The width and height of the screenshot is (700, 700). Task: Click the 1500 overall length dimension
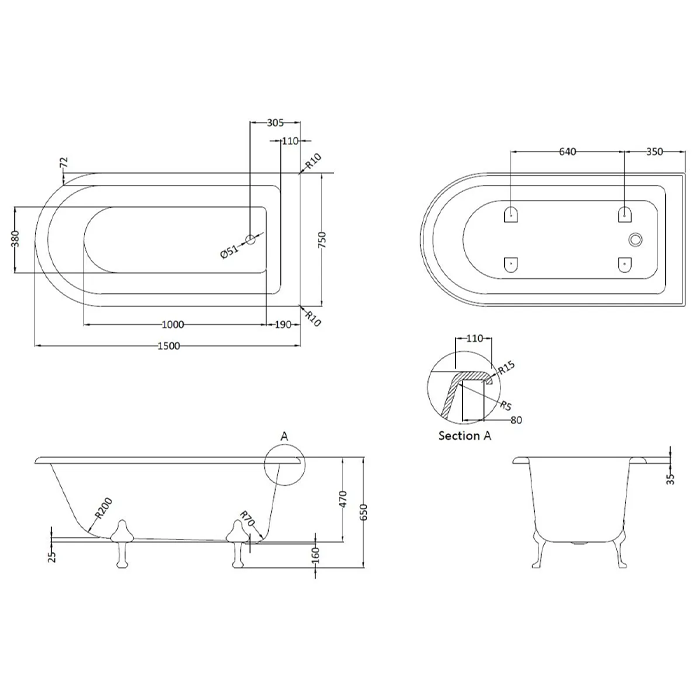click(169, 346)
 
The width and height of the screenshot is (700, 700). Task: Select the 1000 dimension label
click(173, 325)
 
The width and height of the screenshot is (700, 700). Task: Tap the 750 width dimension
click(323, 240)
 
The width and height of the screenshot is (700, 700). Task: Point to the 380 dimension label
click(15, 239)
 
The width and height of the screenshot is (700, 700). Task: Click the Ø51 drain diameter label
click(230, 251)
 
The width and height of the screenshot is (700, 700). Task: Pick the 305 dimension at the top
click(275, 122)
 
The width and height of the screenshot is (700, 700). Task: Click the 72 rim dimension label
click(64, 162)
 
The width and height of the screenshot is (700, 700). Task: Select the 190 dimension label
click(283, 325)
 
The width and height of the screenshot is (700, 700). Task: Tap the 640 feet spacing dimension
click(567, 152)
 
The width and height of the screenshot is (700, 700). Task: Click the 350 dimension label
click(654, 152)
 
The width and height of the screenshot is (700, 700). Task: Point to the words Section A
click(465, 436)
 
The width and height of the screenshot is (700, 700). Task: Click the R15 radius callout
click(506, 367)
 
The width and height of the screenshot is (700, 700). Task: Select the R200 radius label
click(104, 508)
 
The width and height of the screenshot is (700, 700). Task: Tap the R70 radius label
click(247, 519)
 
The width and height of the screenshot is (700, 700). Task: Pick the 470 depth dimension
click(343, 499)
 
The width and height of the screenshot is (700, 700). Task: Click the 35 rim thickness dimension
click(670, 479)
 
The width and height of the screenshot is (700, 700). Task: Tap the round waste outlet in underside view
click(635, 239)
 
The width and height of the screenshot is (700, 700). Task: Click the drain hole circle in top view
click(250, 239)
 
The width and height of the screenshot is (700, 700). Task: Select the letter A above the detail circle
click(284, 436)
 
